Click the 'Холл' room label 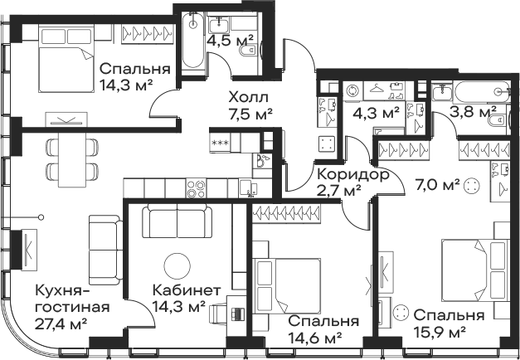pos(248,98)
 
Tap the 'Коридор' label pos(352,174)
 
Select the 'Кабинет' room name pos(187,291)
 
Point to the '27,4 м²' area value pos(61,323)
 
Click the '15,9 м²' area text pos(440,332)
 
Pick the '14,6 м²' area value pos(315,338)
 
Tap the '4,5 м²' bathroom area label pos(230,41)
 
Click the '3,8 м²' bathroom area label pos(473,112)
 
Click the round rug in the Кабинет pos(177,266)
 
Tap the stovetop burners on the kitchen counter pos(196,188)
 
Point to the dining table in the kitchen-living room pos(72,159)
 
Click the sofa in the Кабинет pos(177,221)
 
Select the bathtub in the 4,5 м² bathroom pos(193,40)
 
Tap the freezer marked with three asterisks pos(220,143)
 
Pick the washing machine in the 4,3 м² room pos(352,90)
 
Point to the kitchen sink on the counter pos(248,188)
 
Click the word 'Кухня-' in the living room pos(63,291)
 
